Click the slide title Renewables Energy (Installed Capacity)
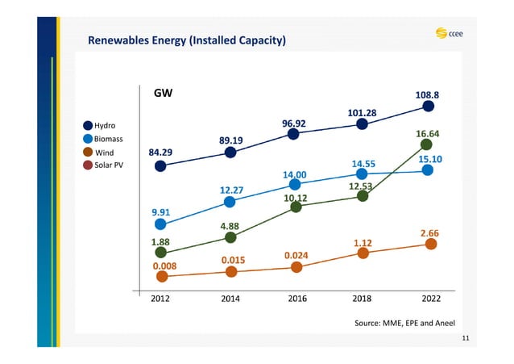[187, 40]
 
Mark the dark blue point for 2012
[161, 166]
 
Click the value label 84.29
[164, 152]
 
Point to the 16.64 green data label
[427, 133]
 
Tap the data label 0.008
[164, 265]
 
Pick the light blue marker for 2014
[230, 202]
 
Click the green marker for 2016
[296, 207]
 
